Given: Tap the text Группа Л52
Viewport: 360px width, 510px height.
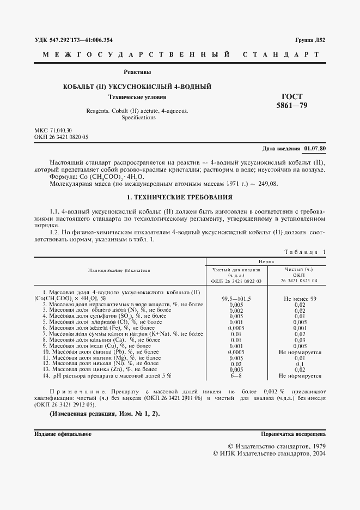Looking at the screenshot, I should point(310,40).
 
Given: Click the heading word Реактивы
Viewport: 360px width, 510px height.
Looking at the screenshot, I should point(137,72).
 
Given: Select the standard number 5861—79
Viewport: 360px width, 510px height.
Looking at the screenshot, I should point(292,106).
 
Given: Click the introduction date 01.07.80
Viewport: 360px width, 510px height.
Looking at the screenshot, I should point(315,148).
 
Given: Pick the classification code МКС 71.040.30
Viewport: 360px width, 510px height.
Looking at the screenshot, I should point(53,131).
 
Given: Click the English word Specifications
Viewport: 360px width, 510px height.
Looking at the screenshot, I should point(138,117).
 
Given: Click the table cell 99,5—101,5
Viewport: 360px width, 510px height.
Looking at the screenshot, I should point(236,299).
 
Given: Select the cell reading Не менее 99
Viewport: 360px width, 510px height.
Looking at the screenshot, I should point(300,299).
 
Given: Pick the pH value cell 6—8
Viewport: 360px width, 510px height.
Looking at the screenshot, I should point(236,375).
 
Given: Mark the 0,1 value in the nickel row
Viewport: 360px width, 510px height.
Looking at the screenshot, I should point(300,364).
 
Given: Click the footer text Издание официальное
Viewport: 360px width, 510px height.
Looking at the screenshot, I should point(63,434).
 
